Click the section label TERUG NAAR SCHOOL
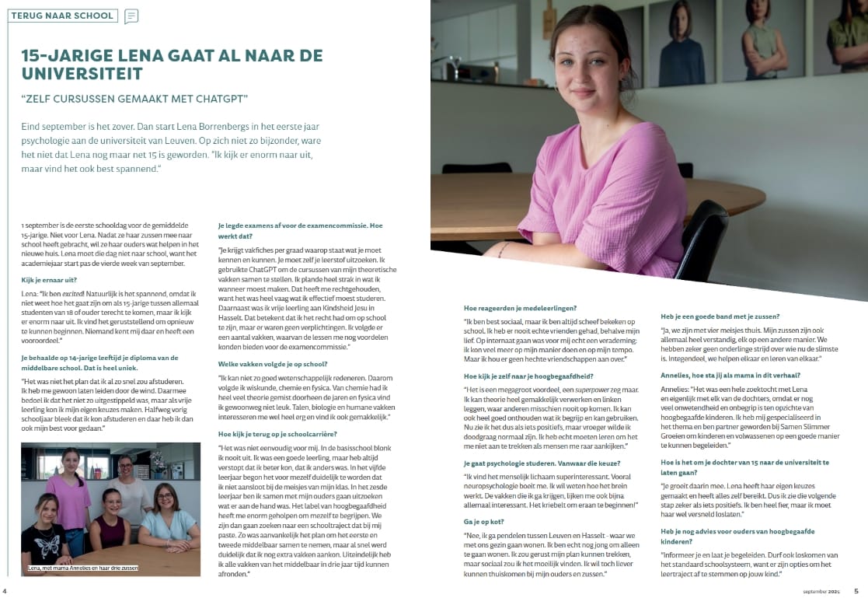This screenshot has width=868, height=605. tap(62, 16)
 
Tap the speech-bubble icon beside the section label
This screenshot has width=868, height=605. tap(131, 16)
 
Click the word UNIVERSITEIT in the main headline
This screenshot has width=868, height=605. tap(82, 74)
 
